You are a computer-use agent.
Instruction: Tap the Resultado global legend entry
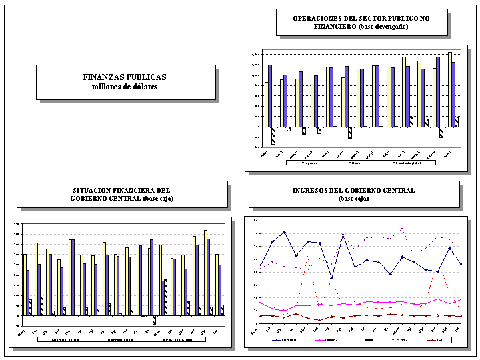tap(409, 162)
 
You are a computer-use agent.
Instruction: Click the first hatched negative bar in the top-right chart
tap(273, 135)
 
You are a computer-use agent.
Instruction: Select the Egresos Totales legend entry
tap(120, 339)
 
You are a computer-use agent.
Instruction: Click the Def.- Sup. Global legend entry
tap(174, 339)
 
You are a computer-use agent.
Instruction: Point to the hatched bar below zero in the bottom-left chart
tap(155, 320)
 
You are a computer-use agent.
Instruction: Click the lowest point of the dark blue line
tap(331, 278)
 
